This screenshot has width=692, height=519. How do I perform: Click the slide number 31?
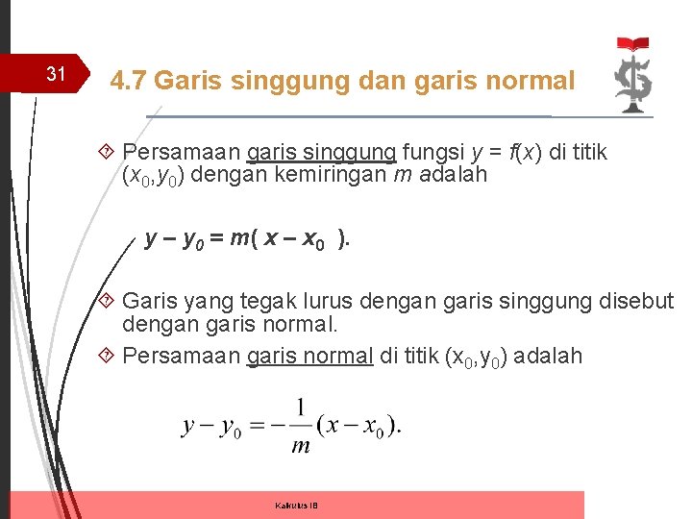tap(56, 74)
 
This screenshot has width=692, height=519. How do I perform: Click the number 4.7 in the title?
tap(129, 81)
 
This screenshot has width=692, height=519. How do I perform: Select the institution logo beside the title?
tap(633, 76)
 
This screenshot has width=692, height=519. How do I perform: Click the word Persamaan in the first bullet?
tap(181, 152)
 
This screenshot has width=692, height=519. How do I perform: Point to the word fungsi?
tap(433, 152)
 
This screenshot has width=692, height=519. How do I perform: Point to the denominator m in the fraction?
tap(301, 445)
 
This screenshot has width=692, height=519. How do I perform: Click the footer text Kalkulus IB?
tap(296, 506)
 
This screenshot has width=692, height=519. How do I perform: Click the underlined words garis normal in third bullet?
tap(309, 356)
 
